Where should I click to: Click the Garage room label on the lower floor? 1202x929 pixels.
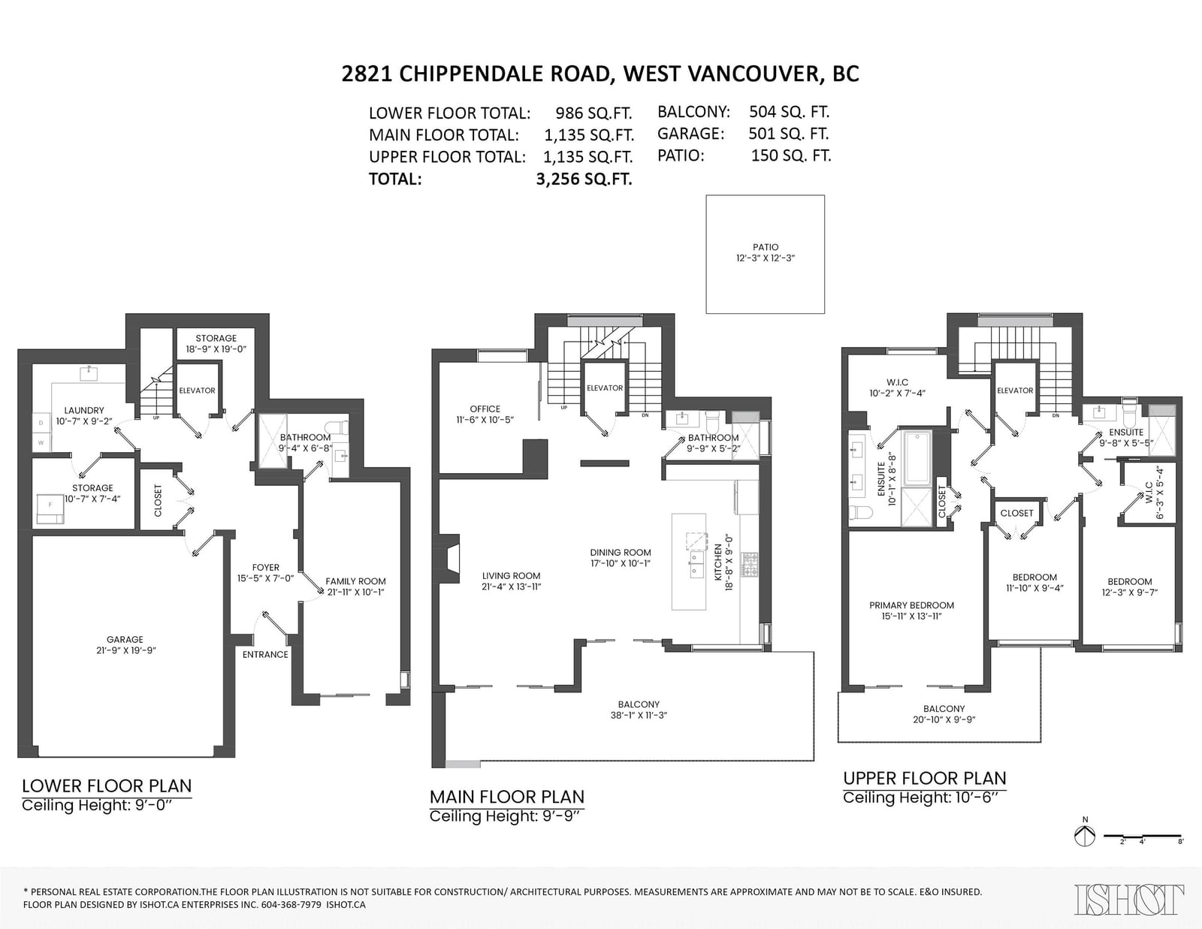point(125,639)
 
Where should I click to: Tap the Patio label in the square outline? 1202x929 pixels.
point(766,247)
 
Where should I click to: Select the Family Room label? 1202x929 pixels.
point(355,581)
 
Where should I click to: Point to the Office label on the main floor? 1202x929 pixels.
point(485,409)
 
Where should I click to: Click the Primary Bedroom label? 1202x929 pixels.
point(911,605)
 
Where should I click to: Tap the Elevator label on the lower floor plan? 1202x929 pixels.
point(197,391)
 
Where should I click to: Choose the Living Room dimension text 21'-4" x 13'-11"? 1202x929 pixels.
point(511,587)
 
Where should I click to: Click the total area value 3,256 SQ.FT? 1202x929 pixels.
point(584,179)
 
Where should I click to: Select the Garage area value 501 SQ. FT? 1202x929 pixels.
point(788,134)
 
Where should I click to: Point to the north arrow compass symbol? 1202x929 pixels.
point(1085,835)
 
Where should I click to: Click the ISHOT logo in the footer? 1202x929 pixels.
point(1129,899)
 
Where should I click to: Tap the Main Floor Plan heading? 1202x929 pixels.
point(507,797)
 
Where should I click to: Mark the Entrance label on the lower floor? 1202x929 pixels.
point(265,655)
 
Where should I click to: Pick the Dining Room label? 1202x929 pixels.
point(620,553)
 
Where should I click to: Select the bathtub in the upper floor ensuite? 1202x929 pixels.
point(918,457)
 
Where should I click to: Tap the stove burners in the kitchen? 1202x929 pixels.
point(750,565)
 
